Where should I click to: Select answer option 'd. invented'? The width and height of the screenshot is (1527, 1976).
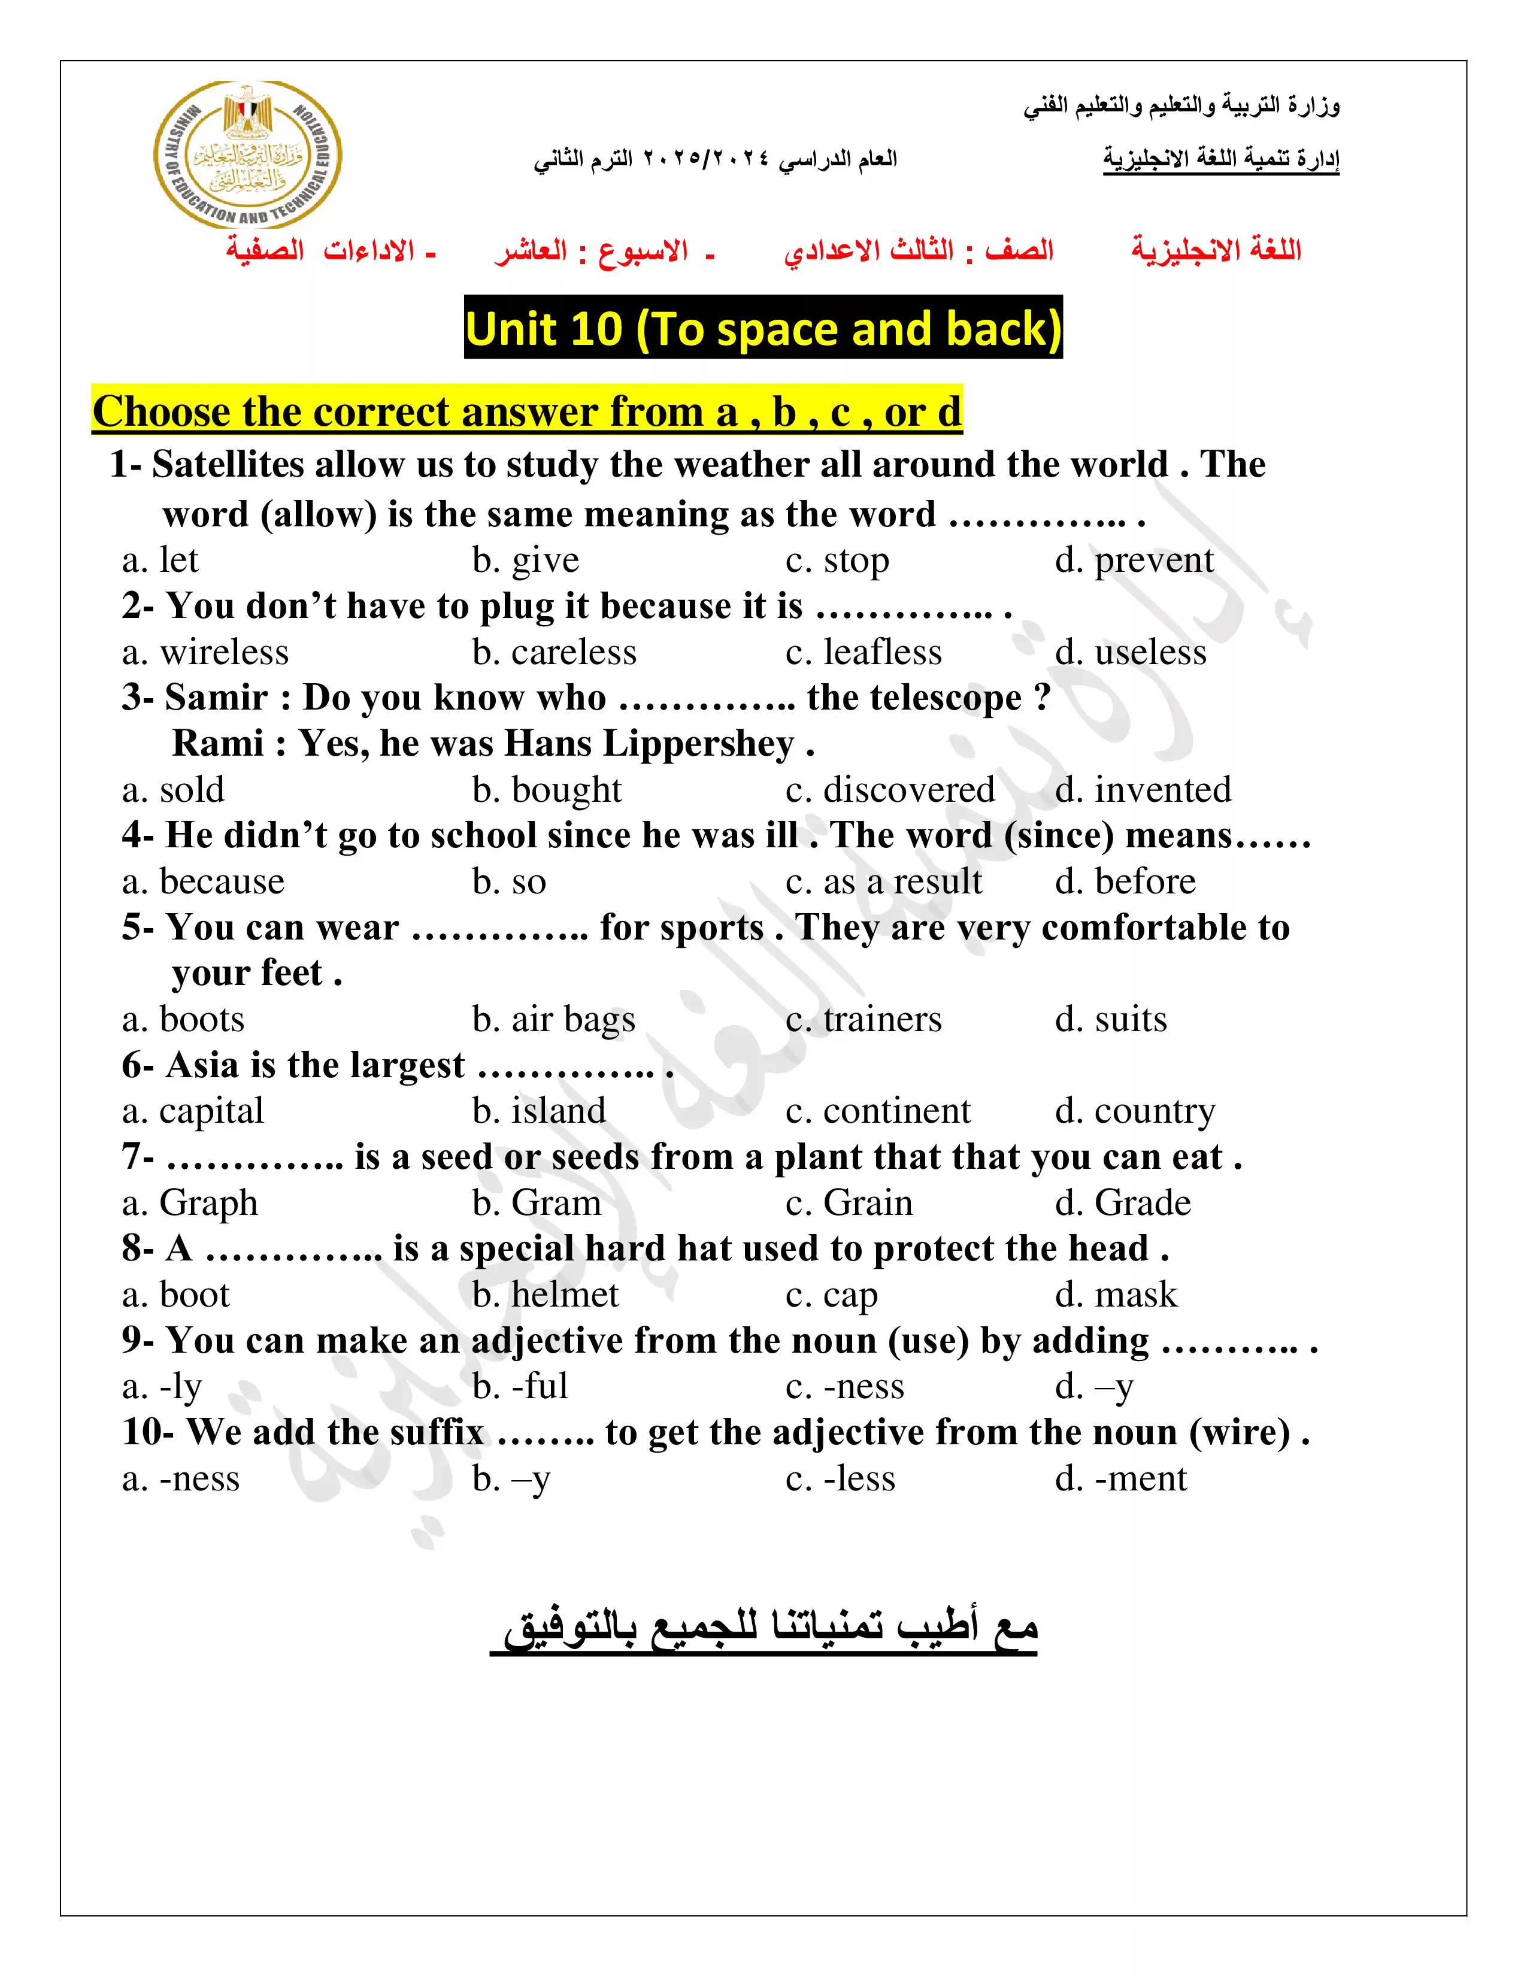(x=1143, y=790)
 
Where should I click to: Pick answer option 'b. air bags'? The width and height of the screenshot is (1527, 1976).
(x=554, y=1020)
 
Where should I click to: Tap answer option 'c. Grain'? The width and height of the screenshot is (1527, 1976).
(x=849, y=1204)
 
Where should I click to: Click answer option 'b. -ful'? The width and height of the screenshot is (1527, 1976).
(x=520, y=1386)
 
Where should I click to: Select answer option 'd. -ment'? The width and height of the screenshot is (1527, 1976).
(x=1121, y=1478)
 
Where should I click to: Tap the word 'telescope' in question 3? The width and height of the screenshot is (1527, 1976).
(x=914, y=698)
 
